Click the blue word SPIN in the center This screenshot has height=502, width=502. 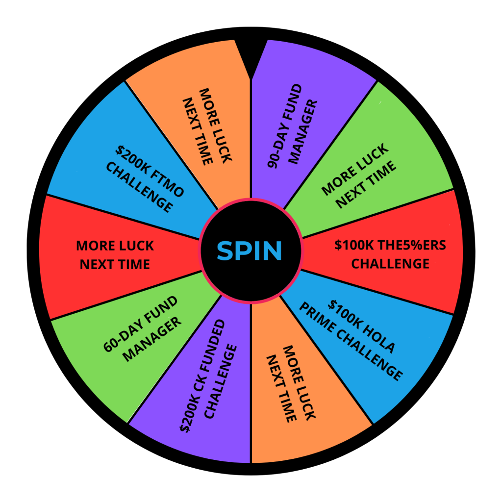pyautogui.click(x=250, y=251)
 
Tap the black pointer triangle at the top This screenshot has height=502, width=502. pyautogui.click(x=251, y=58)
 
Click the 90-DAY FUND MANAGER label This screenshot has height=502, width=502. pyautogui.click(x=293, y=125)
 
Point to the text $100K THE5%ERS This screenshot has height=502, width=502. pyautogui.click(x=390, y=245)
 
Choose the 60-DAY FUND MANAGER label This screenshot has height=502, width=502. pyautogui.click(x=143, y=329)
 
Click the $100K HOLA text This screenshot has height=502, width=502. pyautogui.click(x=362, y=326)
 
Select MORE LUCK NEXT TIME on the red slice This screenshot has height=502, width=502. pyautogui.click(x=115, y=255)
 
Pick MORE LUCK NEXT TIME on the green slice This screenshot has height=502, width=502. pyautogui.click(x=359, y=176)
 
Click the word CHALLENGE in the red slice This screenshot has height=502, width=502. pyautogui.click(x=390, y=264)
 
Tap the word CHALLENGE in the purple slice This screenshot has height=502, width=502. pyautogui.click(x=221, y=381)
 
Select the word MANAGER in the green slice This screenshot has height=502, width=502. pyautogui.click(x=152, y=340)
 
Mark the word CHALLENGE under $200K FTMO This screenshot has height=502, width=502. pyautogui.click(x=140, y=187)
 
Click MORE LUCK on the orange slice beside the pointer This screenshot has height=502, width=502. pyautogui.click(x=215, y=125)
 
